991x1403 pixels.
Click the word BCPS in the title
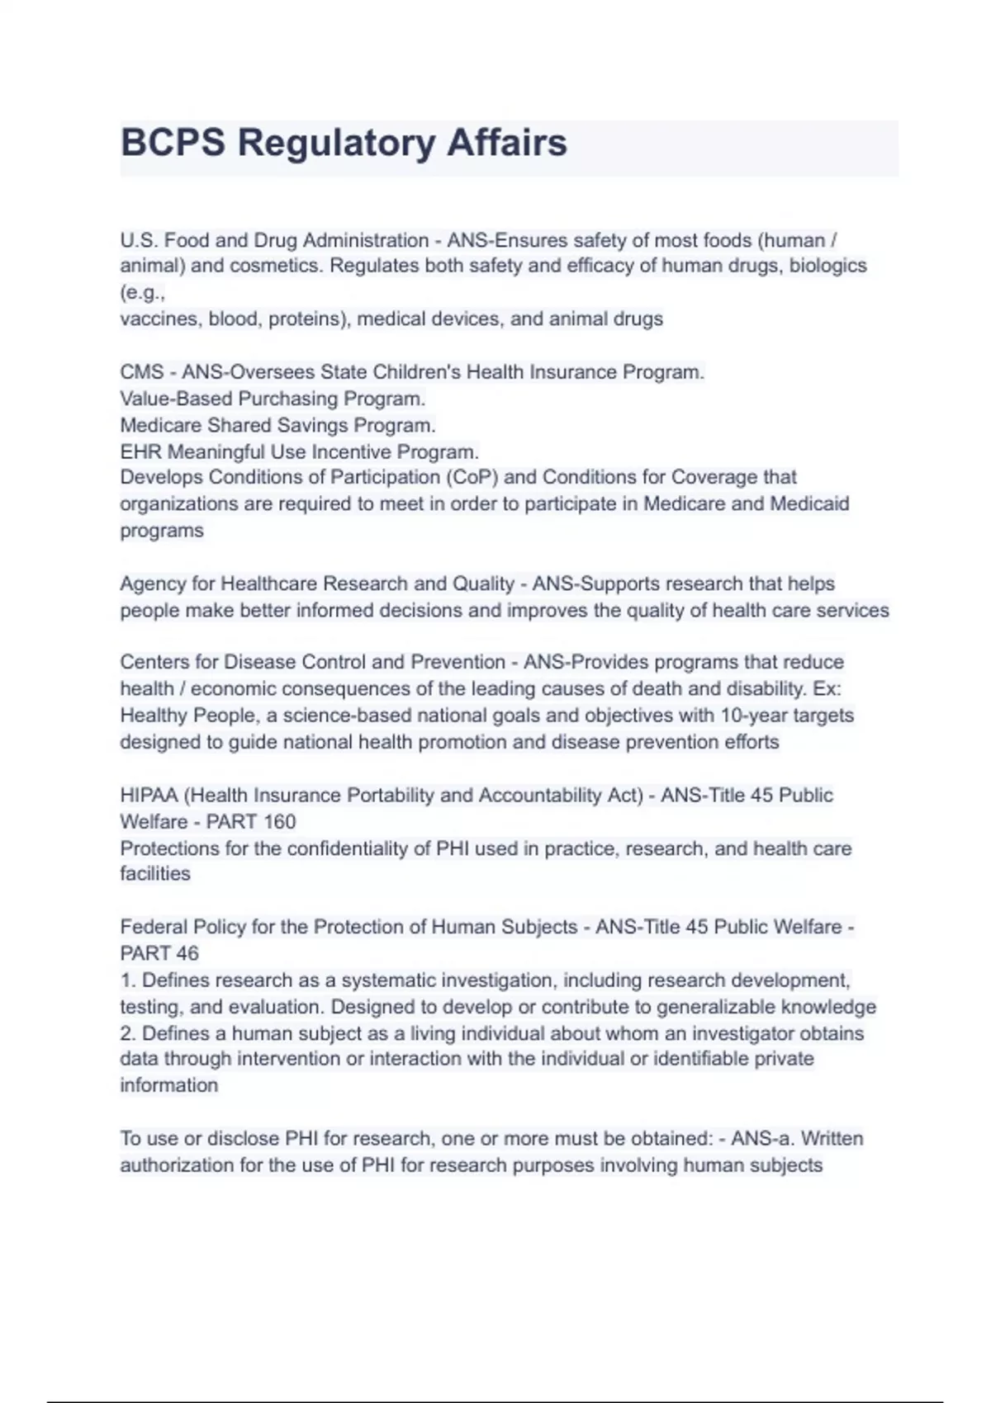[x=173, y=143]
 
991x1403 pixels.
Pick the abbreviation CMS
[x=141, y=372]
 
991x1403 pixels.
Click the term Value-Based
[x=176, y=399]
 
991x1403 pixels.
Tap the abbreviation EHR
[x=140, y=451]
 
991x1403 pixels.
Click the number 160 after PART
[x=278, y=821]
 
